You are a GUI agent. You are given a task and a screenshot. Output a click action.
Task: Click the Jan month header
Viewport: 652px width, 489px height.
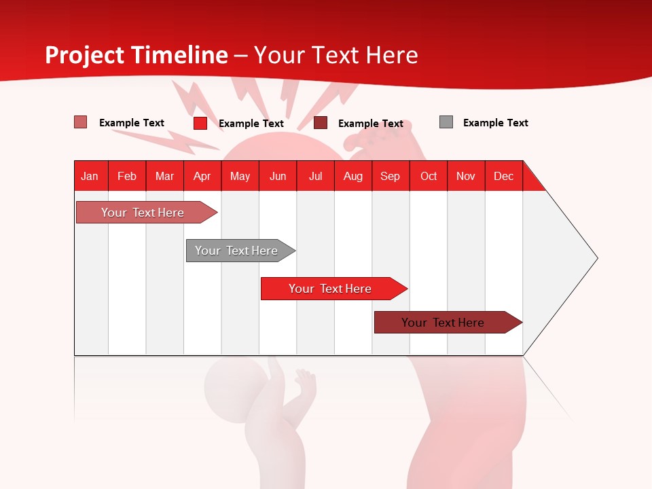(x=90, y=176)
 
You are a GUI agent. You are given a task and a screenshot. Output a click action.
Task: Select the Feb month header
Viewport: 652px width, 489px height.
(x=127, y=176)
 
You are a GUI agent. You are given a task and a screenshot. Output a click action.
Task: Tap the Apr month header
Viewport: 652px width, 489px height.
(x=202, y=176)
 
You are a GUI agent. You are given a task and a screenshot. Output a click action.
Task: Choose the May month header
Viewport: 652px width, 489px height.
(x=240, y=176)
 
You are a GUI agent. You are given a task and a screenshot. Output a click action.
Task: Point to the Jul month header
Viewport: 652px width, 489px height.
(x=315, y=176)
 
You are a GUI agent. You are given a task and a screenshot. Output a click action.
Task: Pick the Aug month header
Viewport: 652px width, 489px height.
(x=352, y=176)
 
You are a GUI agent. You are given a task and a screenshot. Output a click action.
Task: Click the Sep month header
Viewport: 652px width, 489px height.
(x=390, y=176)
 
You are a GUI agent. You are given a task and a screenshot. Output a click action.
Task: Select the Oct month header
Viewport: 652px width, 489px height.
(x=429, y=176)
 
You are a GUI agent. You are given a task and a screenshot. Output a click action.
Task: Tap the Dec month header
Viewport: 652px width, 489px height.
(x=503, y=176)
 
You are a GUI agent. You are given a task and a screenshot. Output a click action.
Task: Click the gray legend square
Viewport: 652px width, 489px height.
(x=446, y=122)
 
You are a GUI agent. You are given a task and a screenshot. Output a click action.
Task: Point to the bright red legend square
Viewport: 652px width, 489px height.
(x=200, y=123)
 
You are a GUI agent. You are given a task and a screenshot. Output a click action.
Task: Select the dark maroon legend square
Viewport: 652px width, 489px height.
(x=321, y=123)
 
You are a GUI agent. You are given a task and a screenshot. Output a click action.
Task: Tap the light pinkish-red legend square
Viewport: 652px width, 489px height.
(x=81, y=122)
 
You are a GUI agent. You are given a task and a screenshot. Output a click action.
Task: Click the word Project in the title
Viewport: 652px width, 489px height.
(x=84, y=55)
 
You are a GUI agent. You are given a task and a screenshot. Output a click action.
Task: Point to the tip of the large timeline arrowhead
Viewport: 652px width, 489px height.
(x=596, y=258)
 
